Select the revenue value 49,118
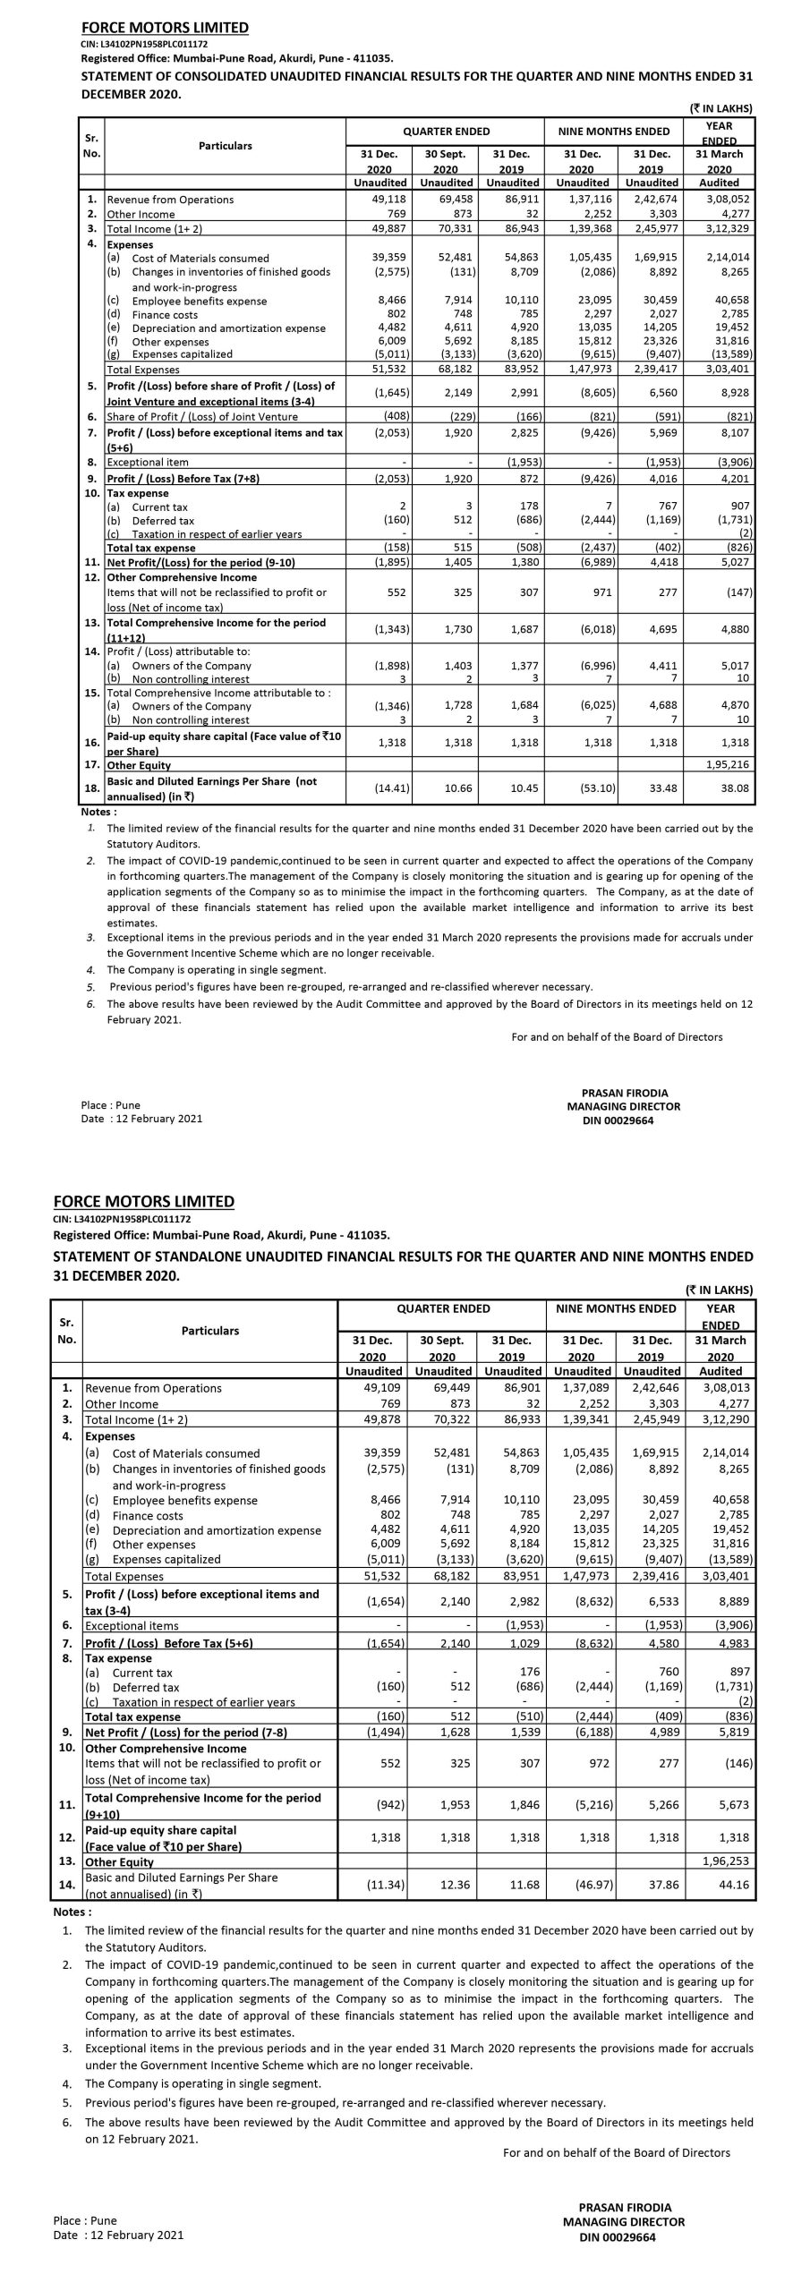pyautogui.click(x=390, y=200)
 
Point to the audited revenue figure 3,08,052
pyautogui.click(x=730, y=200)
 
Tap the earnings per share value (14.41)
pyautogui.click(x=391, y=788)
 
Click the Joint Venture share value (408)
pyautogui.click(x=395, y=417)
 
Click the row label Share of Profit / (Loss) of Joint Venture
pyautogui.click(x=202, y=417)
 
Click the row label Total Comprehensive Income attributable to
pyautogui.click(x=218, y=693)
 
